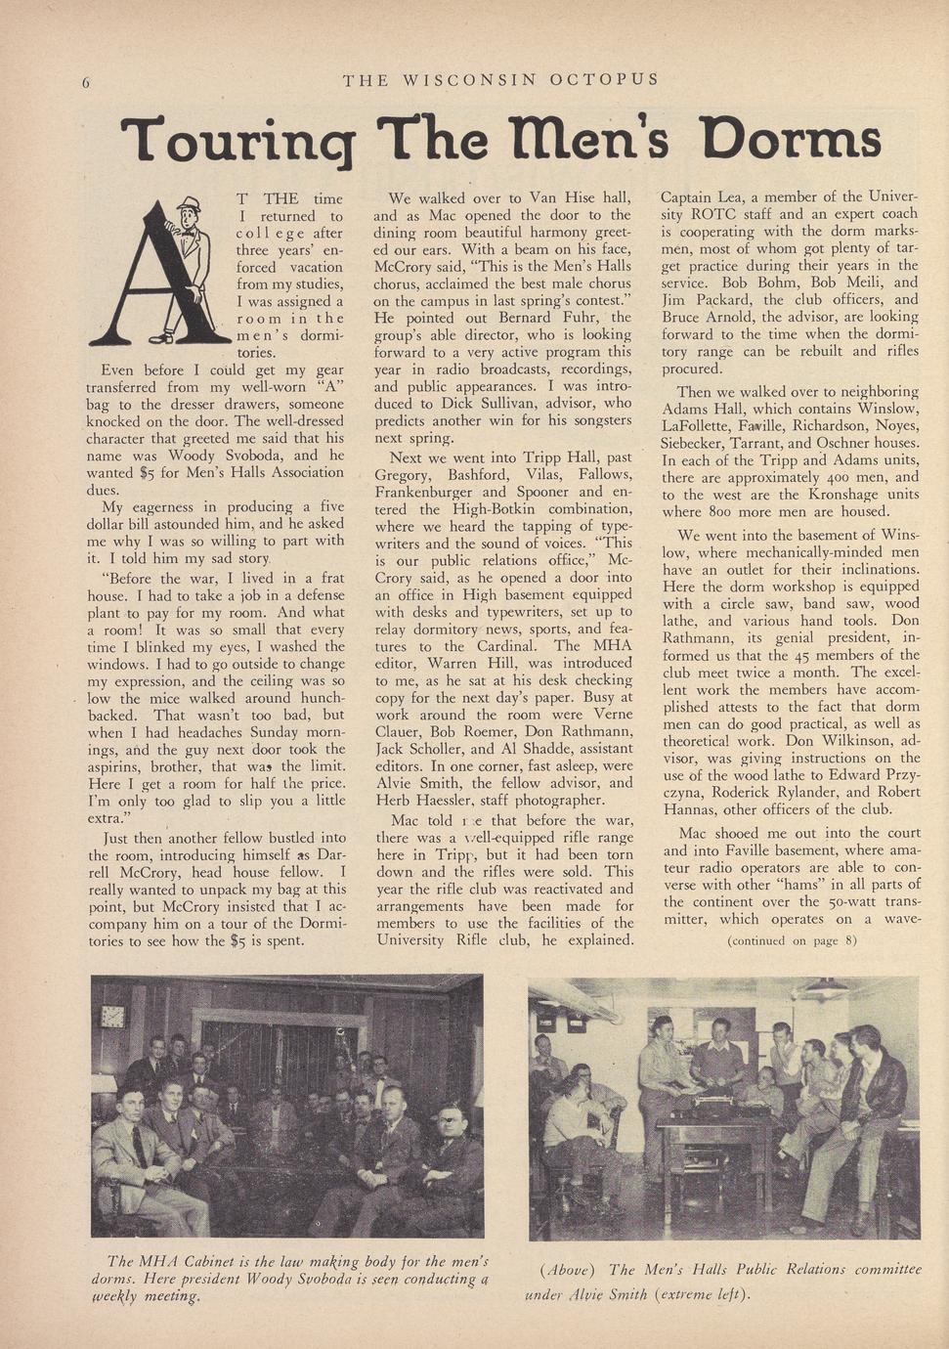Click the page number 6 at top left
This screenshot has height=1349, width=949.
pyautogui.click(x=86, y=82)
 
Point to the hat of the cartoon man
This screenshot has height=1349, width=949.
pyautogui.click(x=188, y=203)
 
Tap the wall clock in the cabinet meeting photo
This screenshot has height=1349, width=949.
pyautogui.click(x=112, y=1016)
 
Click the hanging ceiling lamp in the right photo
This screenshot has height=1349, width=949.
pyautogui.click(x=823, y=989)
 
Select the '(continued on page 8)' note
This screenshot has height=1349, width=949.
pyautogui.click(x=792, y=941)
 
